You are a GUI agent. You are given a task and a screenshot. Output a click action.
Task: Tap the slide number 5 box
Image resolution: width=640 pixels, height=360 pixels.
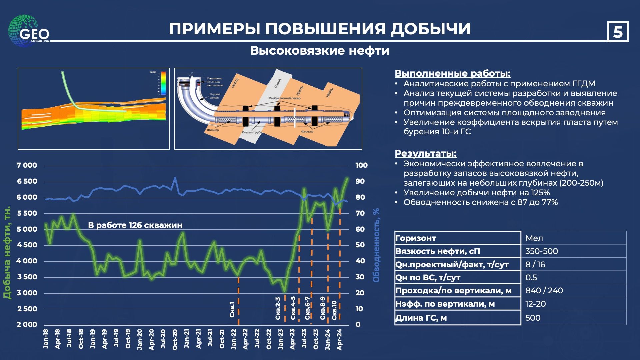pyautogui.click(x=618, y=32)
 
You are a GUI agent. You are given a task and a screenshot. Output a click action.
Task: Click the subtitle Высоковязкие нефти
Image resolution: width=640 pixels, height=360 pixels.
pyautogui.click(x=320, y=51)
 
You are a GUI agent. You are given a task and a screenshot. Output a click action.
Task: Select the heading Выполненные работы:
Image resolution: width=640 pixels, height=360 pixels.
pyautogui.click(x=452, y=73)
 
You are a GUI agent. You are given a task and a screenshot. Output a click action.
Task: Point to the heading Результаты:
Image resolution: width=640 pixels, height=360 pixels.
pyautogui.click(x=425, y=153)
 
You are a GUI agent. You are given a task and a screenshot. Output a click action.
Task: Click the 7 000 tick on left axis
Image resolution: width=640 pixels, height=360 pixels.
pyautogui.click(x=27, y=165)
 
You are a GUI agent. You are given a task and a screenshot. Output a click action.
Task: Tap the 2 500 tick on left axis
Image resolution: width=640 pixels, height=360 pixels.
pyautogui.click(x=27, y=309)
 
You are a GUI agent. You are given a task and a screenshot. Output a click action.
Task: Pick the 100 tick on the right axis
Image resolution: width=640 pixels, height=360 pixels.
pyautogui.click(x=361, y=165)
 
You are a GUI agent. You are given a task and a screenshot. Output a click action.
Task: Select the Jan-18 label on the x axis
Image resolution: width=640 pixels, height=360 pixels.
pyautogui.click(x=46, y=339)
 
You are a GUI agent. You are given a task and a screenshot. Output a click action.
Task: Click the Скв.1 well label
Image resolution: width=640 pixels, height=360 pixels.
pyautogui.click(x=232, y=310)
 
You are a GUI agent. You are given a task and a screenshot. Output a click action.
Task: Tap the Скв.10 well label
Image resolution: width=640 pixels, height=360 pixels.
pyautogui.click(x=334, y=310)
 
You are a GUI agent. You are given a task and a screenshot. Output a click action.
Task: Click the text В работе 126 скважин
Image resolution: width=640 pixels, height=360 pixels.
pyautogui.click(x=135, y=225)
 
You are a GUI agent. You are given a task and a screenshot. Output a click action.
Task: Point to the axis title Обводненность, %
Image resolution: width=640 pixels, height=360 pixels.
pyautogui.click(x=376, y=245)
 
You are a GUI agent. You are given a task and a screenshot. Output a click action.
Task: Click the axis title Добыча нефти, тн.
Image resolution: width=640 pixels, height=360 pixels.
pyautogui.click(x=7, y=252)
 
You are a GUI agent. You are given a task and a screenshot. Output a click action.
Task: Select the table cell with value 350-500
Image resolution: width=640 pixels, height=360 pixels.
pyautogui.click(x=541, y=251)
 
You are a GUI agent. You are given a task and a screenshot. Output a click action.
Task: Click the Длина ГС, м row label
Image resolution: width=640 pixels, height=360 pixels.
pyautogui.click(x=421, y=318)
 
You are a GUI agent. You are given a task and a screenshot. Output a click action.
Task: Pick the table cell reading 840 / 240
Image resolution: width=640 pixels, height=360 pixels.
pyautogui.click(x=544, y=291)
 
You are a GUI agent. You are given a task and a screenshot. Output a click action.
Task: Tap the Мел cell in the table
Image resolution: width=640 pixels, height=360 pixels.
pyautogui.click(x=534, y=238)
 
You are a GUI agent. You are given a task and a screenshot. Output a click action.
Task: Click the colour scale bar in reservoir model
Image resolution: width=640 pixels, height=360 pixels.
pyautogui.click(x=163, y=83)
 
